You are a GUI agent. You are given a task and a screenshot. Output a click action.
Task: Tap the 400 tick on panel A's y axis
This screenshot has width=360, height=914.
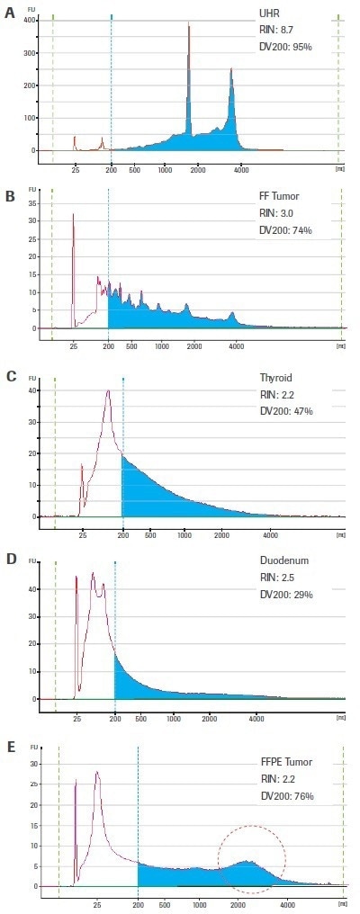tap(31, 20)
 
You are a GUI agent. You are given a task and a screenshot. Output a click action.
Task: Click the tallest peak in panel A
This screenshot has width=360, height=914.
tap(189, 27)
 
